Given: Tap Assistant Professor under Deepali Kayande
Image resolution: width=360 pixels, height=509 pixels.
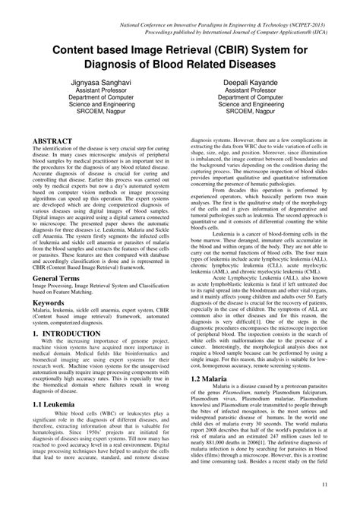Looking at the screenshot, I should tap(259, 89).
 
